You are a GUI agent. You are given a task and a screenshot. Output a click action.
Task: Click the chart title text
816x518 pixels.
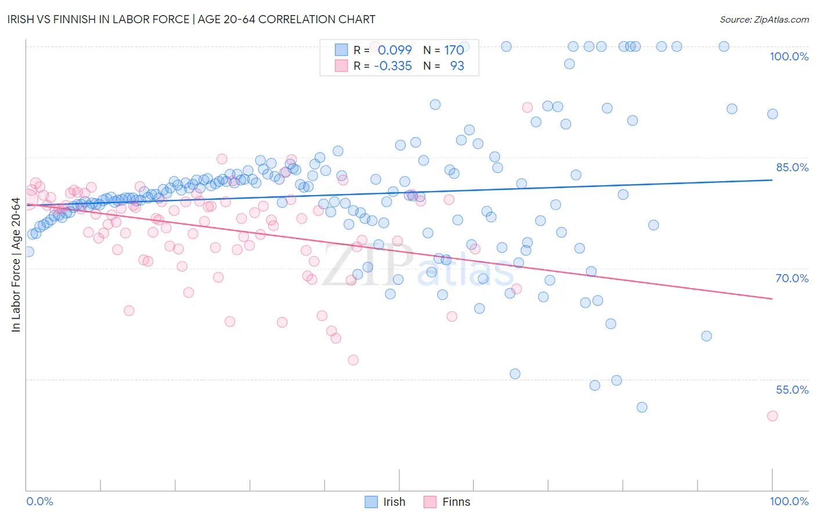tap(192, 19)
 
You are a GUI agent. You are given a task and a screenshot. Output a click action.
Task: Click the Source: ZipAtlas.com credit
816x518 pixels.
tap(764, 19)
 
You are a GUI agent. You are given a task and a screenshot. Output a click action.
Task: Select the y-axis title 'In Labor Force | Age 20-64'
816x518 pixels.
tap(16, 265)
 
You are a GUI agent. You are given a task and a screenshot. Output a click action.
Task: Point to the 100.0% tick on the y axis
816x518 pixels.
tap(789, 56)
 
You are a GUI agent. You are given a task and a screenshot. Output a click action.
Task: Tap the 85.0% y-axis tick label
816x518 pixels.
tap(792, 167)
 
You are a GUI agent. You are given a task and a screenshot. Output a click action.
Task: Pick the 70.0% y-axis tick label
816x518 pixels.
tap(792, 278)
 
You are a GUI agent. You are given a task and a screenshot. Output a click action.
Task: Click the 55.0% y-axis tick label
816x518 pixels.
tap(792, 390)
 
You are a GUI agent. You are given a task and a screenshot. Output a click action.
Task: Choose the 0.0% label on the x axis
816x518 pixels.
tap(39, 501)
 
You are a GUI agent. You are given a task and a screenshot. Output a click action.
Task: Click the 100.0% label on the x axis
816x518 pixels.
tap(789, 501)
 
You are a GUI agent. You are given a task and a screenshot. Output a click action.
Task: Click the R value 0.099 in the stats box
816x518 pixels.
tap(395, 50)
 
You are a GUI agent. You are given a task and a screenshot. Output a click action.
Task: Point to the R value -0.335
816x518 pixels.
tap(392, 66)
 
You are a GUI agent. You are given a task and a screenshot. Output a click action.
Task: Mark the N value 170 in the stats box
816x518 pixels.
tap(454, 50)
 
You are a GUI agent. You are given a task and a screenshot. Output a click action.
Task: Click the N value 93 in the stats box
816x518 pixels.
tap(457, 66)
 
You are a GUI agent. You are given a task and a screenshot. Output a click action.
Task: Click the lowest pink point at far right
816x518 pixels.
tap(772, 416)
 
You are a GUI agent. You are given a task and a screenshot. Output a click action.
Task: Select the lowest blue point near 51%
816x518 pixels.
tap(641, 407)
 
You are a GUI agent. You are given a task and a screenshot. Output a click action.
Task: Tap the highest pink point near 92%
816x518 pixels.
tap(527, 107)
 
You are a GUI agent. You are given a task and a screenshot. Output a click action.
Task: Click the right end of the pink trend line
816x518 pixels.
tap(772, 298)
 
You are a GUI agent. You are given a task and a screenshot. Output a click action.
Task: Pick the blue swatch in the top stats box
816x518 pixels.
tap(341, 50)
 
